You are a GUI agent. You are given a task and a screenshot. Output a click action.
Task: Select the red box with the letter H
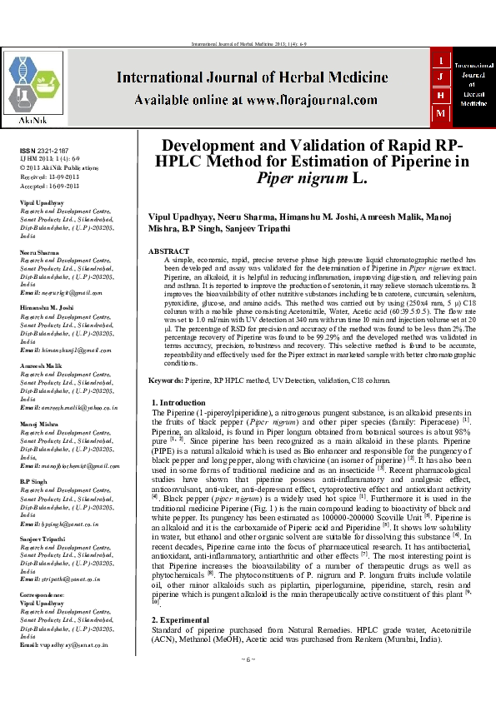[441, 96]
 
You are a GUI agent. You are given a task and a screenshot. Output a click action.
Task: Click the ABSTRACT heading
[169, 251]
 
